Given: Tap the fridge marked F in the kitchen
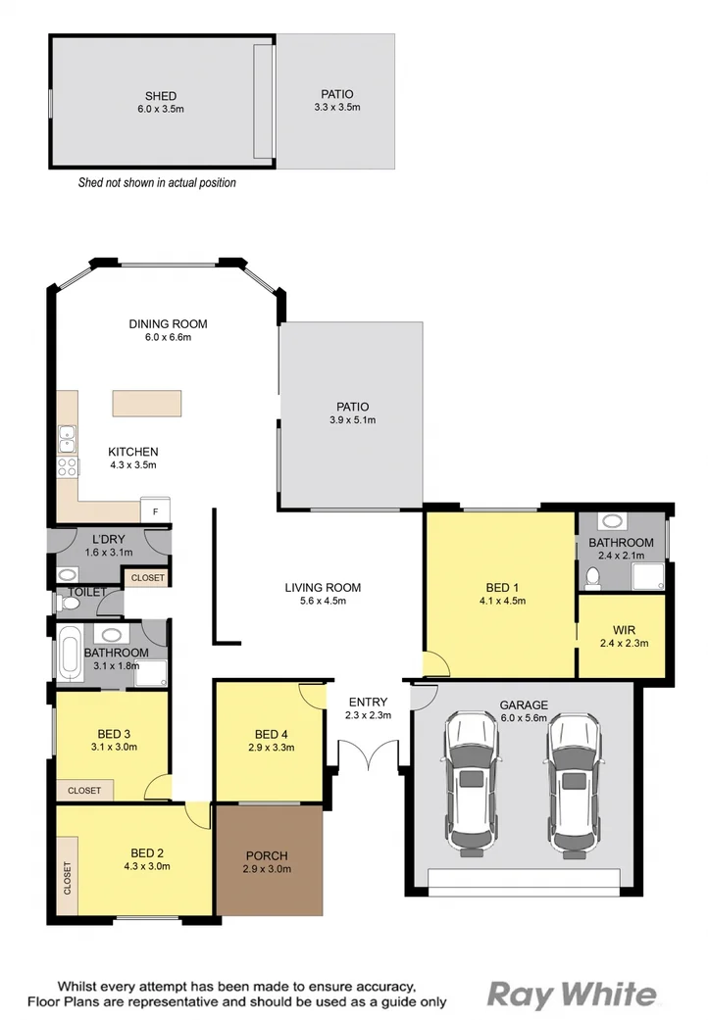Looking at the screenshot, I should click(155, 510).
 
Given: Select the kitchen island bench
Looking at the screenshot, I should click(147, 404).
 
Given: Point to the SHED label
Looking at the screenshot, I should click(161, 96).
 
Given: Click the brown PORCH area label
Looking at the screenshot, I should click(267, 854).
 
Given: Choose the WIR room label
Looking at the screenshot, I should click(624, 629).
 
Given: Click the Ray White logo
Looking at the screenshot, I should click(573, 995).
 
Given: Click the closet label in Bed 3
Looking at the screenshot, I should click(84, 790).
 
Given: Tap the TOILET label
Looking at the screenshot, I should click(88, 593).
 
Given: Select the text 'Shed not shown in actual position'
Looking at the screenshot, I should click(157, 182).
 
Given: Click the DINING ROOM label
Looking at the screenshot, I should click(168, 324).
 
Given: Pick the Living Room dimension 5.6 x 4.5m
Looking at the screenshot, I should click(323, 602).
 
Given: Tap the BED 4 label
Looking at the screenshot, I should click(270, 735).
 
